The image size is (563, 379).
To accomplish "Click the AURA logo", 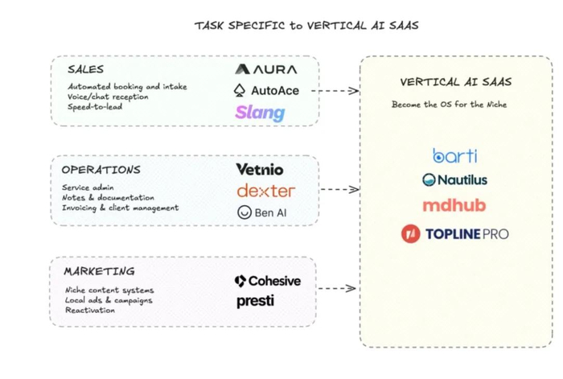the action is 266,69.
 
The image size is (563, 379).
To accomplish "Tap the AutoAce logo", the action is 266,91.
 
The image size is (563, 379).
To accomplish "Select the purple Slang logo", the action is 260,113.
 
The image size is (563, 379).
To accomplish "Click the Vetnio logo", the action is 260,170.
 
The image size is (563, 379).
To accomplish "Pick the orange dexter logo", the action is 266,191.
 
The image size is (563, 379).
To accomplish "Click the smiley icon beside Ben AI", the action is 245,212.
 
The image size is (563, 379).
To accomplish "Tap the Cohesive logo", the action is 268,281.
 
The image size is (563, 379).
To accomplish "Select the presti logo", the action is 255,301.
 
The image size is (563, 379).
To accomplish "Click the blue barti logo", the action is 455,155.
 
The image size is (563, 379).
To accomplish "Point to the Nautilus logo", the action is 454,179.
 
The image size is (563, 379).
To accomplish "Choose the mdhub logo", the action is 454,205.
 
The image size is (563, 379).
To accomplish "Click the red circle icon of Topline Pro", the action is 411,234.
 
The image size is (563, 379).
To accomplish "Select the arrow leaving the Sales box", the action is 335,91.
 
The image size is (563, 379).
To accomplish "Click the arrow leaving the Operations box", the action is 339,189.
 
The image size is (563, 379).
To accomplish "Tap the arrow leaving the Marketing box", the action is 336,288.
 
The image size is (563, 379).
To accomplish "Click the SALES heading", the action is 85,69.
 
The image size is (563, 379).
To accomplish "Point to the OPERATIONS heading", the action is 101,170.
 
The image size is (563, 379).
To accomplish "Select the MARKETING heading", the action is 100,271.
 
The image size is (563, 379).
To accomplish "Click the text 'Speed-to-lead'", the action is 95,107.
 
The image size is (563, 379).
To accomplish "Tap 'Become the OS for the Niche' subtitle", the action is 449,105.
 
